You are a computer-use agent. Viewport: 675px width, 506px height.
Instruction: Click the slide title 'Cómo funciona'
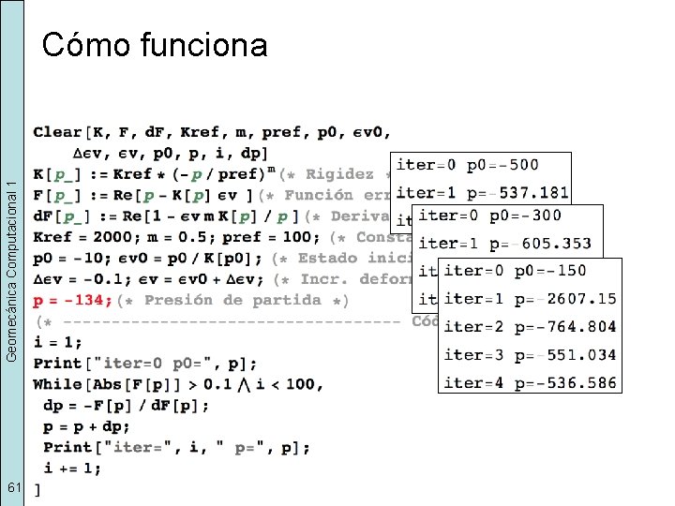tap(155, 44)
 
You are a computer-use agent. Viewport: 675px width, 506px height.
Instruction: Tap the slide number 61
tap(12, 488)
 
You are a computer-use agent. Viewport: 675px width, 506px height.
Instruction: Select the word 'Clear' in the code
tap(57, 132)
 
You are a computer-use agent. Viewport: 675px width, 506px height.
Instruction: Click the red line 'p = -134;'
tap(73, 301)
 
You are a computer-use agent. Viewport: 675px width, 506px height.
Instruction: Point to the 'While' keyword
tap(57, 384)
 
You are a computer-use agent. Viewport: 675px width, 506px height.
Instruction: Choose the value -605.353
tap(550, 243)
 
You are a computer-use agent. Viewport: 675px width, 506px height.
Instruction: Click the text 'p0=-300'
tap(528, 215)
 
